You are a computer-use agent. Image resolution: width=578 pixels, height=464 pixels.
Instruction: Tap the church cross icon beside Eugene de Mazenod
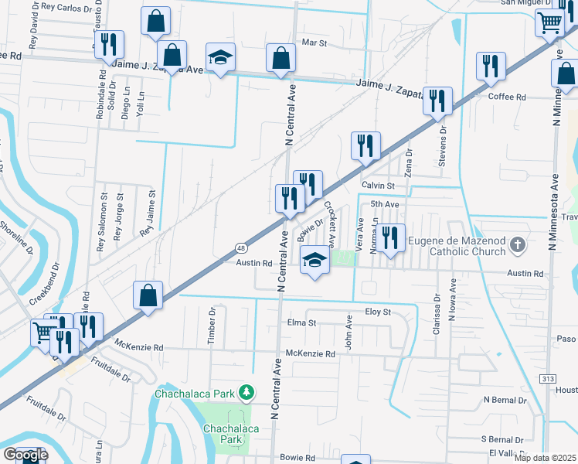(518, 246)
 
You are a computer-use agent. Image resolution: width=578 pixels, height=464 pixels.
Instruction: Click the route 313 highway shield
(548, 377)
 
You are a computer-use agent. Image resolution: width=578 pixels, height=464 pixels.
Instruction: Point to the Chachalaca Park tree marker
(246, 393)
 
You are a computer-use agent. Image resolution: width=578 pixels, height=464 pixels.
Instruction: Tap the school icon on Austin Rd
(315, 261)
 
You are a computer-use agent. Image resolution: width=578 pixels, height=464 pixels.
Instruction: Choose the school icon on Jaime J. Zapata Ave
(220, 58)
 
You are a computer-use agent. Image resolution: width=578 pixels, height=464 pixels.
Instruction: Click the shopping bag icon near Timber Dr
(148, 295)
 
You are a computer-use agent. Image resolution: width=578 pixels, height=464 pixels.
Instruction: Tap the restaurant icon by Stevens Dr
(438, 102)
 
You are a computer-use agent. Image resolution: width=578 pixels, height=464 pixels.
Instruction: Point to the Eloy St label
(378, 312)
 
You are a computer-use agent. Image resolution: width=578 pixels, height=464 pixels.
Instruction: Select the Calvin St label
(378, 186)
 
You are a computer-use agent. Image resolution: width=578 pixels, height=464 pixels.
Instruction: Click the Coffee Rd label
(507, 97)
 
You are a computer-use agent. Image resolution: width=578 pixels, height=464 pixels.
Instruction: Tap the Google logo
(25, 455)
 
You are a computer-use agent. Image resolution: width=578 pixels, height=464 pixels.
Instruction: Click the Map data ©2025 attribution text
(546, 458)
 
